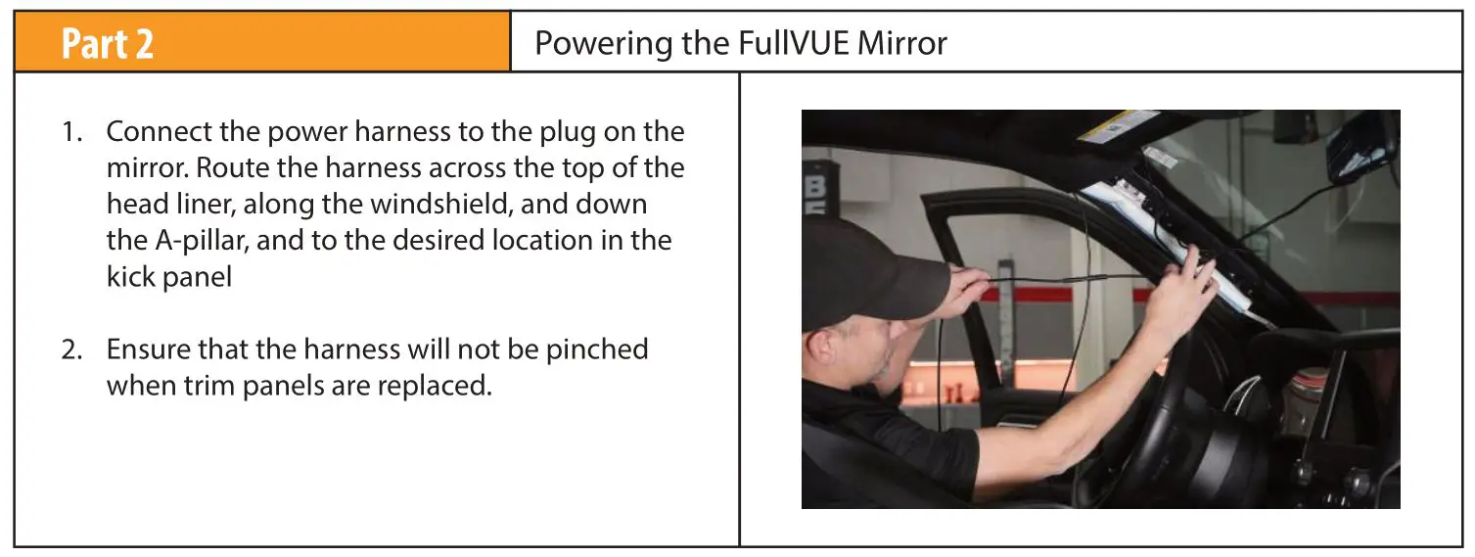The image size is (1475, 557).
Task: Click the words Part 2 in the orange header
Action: click(x=108, y=44)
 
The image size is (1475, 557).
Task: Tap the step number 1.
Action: click(x=70, y=131)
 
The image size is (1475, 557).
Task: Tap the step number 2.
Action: click(x=70, y=349)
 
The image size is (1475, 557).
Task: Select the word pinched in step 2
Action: click(x=595, y=349)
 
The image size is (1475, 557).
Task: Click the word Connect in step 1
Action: click(x=161, y=131)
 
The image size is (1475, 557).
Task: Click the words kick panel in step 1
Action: click(x=169, y=277)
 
